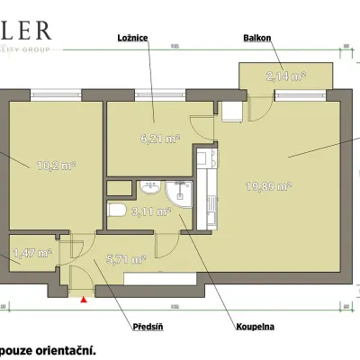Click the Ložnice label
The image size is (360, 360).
tap(132, 38)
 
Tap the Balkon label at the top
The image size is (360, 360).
tap(256, 38)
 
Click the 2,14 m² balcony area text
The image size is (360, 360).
tap(287, 77)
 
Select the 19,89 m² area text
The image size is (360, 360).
tap(268, 187)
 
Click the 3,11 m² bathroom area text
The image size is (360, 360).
tap(149, 213)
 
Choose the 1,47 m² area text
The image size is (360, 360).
tap(32, 255)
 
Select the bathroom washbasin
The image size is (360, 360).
tap(149, 188)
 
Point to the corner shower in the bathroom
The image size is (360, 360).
tap(180, 194)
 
